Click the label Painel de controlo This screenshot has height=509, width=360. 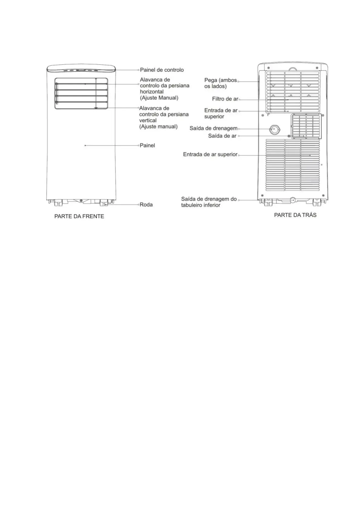pyautogui.click(x=162, y=70)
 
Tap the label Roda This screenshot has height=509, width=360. pyautogui.click(x=146, y=205)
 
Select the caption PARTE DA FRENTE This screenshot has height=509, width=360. pyautogui.click(x=79, y=216)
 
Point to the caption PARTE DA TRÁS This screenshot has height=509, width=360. pyautogui.click(x=295, y=215)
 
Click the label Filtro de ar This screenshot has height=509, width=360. pyautogui.click(x=225, y=99)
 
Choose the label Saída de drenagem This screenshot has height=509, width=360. pyautogui.click(x=213, y=128)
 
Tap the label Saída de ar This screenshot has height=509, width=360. pyautogui.click(x=222, y=136)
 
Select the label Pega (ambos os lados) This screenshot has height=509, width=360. pyautogui.click(x=220, y=83)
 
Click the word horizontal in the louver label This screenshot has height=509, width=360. pyautogui.click(x=152, y=92)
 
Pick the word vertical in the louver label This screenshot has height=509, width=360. pyautogui.click(x=148, y=120)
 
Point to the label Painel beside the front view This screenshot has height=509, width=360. pyautogui.click(x=147, y=145)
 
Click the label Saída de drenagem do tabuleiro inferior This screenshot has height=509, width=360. pyautogui.click(x=209, y=202)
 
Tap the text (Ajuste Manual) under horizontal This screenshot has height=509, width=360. pyautogui.click(x=159, y=98)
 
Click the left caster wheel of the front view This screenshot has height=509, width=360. pyautogui.click(x=57, y=203)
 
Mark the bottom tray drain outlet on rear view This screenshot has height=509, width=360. pyautogui.click(x=293, y=200)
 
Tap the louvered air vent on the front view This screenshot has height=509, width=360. pyautogui.click(x=81, y=93)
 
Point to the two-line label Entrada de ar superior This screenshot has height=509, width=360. pyautogui.click(x=221, y=113)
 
